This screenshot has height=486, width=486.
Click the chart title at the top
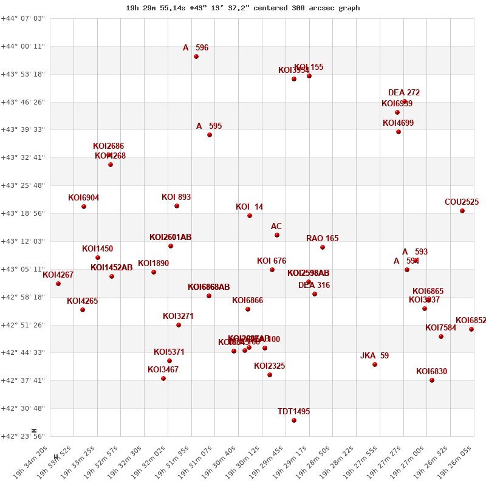(242, 8)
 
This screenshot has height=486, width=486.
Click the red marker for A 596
(196, 56)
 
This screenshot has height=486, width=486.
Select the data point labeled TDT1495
(294, 420)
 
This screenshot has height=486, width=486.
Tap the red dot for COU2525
(462, 211)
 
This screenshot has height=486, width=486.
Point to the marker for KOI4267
(58, 284)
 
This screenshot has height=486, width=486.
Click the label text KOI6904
(83, 197)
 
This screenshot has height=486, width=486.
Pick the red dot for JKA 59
(375, 364)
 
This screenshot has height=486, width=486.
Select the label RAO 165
(322, 238)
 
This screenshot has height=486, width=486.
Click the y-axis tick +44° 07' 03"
(23, 18)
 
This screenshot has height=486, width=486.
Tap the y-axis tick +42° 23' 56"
(23, 436)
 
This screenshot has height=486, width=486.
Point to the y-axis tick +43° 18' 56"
(23, 213)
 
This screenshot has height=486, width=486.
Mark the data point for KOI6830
(432, 380)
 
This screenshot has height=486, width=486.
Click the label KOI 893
(176, 197)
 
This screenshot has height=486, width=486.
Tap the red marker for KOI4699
(399, 132)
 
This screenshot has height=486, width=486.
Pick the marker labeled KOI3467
(163, 378)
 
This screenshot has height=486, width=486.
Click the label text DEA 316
(314, 285)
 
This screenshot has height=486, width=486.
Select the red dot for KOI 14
(250, 216)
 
